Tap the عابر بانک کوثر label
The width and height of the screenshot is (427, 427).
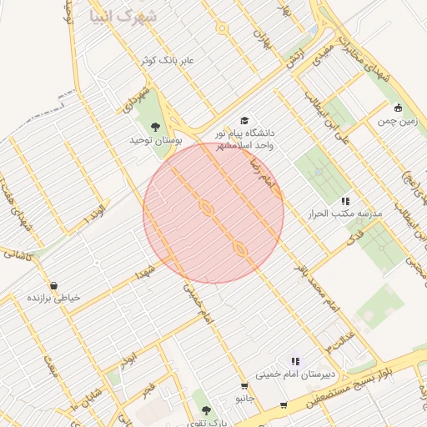[167, 61]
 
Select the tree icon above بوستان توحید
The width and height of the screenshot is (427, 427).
[155, 127]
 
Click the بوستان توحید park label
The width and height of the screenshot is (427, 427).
[155, 141]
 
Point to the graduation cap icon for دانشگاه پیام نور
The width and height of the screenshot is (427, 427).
[244, 121]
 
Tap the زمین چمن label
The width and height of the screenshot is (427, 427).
[397, 122]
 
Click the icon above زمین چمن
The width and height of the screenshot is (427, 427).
[398, 108]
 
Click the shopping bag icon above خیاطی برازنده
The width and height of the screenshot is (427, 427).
[54, 285]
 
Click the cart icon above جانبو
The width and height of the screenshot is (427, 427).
[244, 386]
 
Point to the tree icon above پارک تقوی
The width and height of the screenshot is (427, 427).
[206, 410]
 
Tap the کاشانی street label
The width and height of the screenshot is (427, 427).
[18, 254]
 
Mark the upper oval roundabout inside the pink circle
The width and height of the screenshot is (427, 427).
[206, 207]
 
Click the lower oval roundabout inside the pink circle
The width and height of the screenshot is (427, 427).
[240, 248]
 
